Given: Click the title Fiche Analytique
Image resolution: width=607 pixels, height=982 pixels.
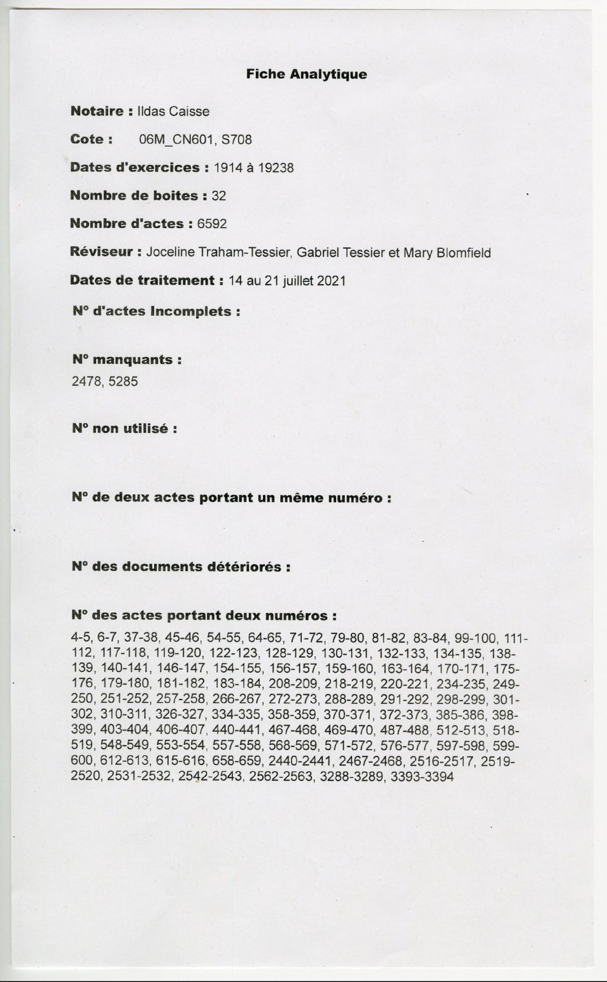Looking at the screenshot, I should coord(306,75).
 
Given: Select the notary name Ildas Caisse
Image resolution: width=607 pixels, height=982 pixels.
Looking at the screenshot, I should coord(173,111).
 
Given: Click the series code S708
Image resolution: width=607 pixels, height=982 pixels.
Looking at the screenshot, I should coord(237,140).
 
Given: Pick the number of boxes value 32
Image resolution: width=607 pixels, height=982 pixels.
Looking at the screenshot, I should coord(219,196).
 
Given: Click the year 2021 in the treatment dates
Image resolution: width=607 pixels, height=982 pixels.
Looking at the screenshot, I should coord(331,281).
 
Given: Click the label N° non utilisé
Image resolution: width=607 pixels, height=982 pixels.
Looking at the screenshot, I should coord(124,428).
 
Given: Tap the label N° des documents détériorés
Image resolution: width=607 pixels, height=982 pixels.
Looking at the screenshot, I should coord(181,567).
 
